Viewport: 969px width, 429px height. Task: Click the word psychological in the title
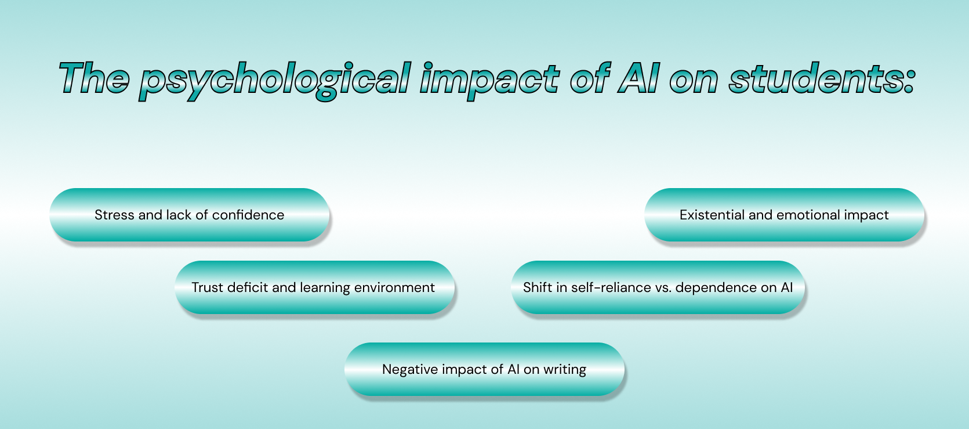coord(275,80)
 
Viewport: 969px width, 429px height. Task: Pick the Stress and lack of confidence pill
coord(190,215)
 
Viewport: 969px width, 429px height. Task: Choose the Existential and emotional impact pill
coord(784,215)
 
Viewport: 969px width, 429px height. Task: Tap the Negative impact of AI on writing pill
coord(484,369)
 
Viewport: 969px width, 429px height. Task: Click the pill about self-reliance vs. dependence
coord(658,287)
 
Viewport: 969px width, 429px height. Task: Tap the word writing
coord(565,370)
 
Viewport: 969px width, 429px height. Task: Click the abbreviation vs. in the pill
coord(663,288)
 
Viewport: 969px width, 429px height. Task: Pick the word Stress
coord(114,215)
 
